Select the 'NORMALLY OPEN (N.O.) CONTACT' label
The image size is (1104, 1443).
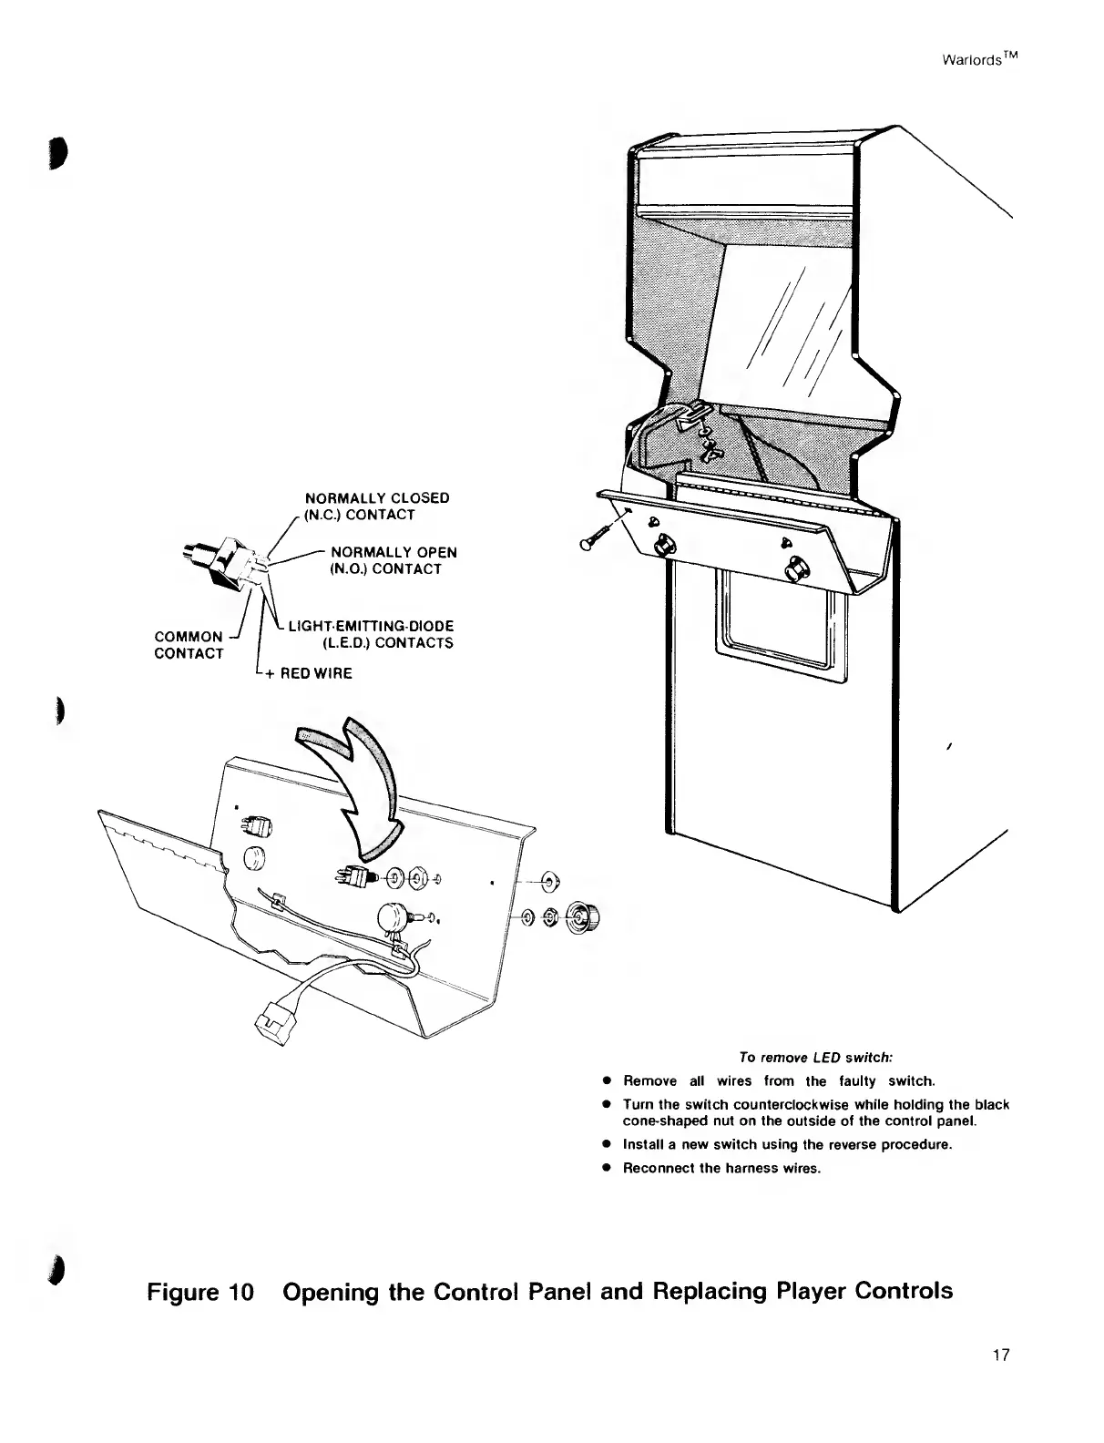tap(393, 560)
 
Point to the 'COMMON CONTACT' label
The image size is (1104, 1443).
tap(189, 644)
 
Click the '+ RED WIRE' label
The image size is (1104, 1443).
tap(304, 674)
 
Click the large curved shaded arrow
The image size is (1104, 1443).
tap(360, 783)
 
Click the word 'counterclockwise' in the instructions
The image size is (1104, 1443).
tap(739, 1105)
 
